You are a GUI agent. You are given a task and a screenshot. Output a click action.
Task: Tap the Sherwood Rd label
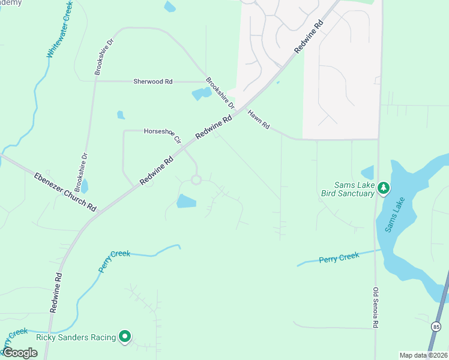click(152, 81)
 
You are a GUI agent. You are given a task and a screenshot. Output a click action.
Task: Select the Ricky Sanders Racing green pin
click(125, 337)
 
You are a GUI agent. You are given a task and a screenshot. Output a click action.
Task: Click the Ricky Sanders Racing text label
click(76, 337)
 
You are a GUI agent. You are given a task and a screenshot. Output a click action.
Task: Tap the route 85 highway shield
click(435, 326)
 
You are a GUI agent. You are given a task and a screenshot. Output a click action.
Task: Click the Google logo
click(19, 353)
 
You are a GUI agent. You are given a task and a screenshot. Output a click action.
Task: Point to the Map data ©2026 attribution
click(423, 355)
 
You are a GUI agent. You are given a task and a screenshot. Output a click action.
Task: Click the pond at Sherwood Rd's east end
click(201, 94)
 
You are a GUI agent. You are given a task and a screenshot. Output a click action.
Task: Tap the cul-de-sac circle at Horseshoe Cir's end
click(196, 179)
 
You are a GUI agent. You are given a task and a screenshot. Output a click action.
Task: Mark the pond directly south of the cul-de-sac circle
click(187, 202)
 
